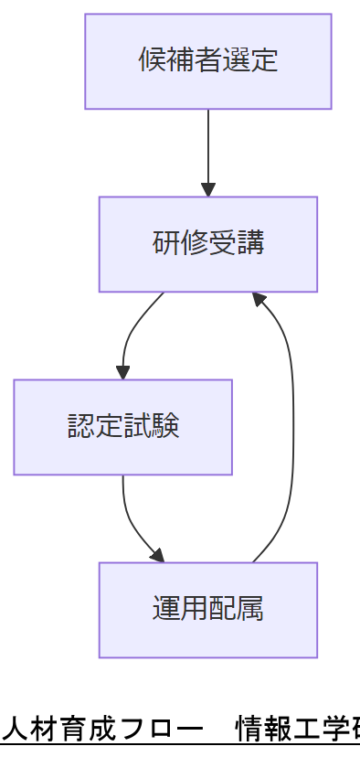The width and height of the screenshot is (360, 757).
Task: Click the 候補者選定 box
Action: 208,61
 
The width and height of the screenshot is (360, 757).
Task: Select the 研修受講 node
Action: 208,244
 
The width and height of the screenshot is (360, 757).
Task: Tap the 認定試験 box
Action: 122,427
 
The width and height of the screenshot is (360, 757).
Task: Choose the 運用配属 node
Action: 208,610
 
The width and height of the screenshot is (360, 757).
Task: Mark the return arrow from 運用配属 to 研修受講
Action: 291,421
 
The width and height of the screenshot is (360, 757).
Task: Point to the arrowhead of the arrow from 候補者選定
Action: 208,190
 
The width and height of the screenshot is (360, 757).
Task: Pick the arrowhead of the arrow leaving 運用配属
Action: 259,299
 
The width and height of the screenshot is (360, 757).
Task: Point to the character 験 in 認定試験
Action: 165,427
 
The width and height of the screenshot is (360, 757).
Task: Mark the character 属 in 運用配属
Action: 250,610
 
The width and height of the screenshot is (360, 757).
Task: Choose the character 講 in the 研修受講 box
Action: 250,244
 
